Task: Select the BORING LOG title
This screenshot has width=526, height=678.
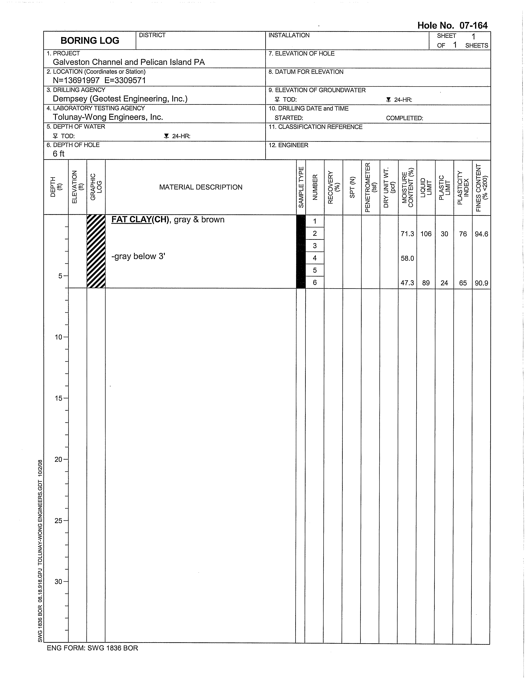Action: click(90, 41)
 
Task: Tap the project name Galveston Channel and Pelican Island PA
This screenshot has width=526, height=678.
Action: click(129, 62)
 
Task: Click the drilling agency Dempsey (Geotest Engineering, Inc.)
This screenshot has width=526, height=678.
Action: click(120, 99)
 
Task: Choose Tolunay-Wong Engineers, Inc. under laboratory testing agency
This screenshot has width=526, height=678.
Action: click(108, 117)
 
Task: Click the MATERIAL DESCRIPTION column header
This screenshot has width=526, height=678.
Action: click(201, 187)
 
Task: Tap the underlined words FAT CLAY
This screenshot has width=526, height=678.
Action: click(131, 219)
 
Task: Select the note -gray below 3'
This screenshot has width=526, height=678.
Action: click(138, 256)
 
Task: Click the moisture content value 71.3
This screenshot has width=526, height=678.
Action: click(407, 234)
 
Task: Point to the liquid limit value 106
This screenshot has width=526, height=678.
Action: click(426, 234)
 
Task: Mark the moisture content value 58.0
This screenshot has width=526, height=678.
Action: click(407, 258)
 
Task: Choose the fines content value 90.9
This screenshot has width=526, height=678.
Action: click(481, 283)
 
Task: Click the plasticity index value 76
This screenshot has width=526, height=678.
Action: click(463, 234)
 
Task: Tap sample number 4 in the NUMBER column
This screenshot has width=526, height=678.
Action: click(315, 258)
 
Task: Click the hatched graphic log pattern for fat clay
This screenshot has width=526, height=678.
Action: click(96, 251)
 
